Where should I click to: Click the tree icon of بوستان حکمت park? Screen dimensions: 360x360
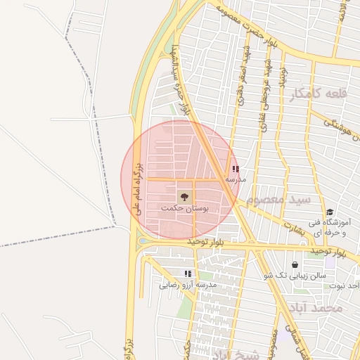[x=185, y=196]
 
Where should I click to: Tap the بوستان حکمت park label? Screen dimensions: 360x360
[x=185, y=209]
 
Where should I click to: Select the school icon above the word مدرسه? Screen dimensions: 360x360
[x=235, y=169]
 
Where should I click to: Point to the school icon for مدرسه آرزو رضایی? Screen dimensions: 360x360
[x=188, y=273]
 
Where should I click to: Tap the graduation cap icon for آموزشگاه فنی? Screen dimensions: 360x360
[x=329, y=212]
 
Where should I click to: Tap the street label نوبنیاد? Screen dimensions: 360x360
[x=283, y=77]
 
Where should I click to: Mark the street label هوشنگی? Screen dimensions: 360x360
[x=340, y=127]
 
